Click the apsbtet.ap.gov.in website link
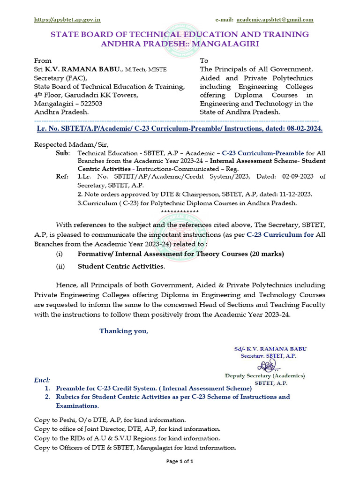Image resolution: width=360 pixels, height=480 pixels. click(67, 20)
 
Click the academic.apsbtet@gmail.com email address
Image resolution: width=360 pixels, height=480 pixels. click(275, 20)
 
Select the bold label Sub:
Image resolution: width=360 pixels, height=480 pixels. click(63, 153)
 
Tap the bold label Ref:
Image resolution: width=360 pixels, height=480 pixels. click(63, 177)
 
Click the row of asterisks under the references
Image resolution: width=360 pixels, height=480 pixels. click(180, 211)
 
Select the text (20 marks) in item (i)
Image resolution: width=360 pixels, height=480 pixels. click(267, 254)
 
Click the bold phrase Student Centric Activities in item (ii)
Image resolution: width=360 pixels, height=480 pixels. click(121, 266)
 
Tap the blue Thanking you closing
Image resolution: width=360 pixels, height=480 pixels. click(123, 331)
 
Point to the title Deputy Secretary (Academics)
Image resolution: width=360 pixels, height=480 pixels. click(265, 375)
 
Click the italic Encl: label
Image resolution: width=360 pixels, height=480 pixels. click(42, 379)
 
